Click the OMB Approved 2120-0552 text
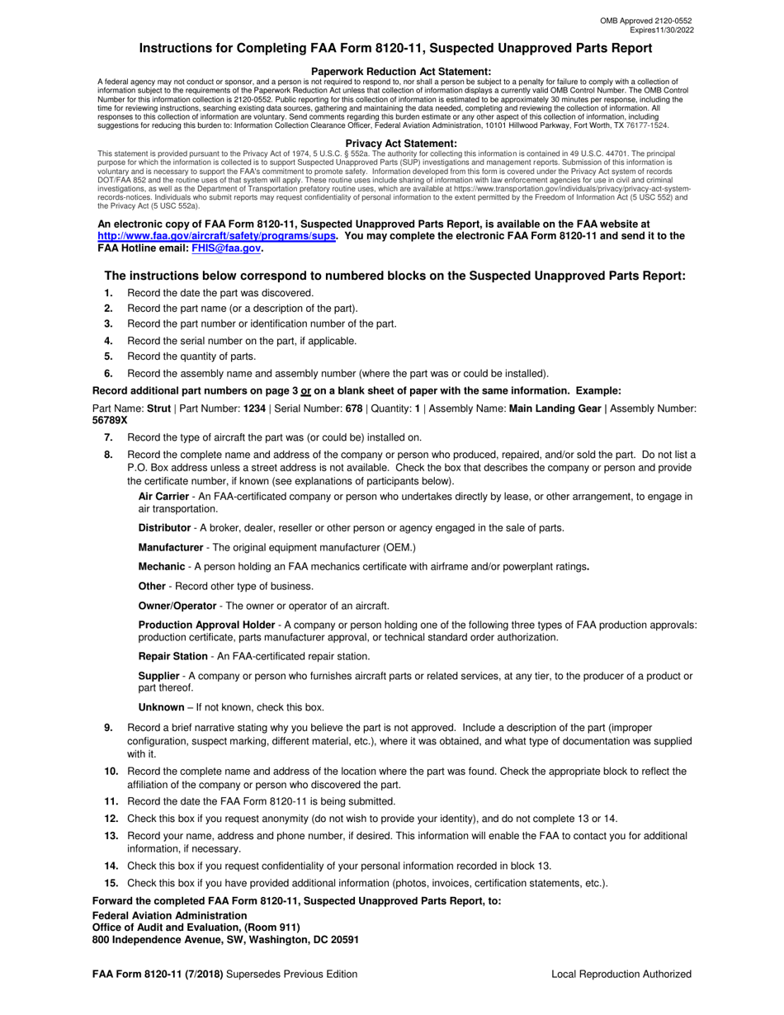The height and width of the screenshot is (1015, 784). pyautogui.click(x=646, y=19)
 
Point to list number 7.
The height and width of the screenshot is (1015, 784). pyautogui.click(x=108, y=437)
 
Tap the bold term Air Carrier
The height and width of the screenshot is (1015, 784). pyautogui.click(x=163, y=496)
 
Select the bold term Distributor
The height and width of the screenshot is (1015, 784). pyautogui.click(x=164, y=527)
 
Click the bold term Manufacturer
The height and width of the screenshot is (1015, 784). pyautogui.click(x=170, y=547)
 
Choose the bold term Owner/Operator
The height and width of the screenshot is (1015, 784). pyautogui.click(x=177, y=606)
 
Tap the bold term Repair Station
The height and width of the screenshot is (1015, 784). pyautogui.click(x=172, y=656)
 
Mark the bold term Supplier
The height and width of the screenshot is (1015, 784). pyautogui.click(x=158, y=676)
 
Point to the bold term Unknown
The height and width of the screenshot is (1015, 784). pyautogui.click(x=161, y=707)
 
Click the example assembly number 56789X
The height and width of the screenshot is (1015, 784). pyautogui.click(x=110, y=420)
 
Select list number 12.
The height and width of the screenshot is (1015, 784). pyautogui.click(x=111, y=819)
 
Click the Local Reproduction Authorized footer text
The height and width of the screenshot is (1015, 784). pyautogui.click(x=621, y=975)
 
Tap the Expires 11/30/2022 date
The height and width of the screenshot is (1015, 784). pyautogui.click(x=656, y=29)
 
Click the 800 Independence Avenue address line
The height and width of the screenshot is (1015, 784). pyautogui.click(x=225, y=939)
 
